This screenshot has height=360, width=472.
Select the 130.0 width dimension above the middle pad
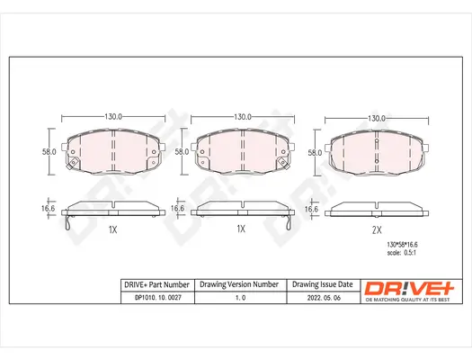pyautogui.click(x=242, y=118)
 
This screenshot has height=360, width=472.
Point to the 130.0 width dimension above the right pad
pyautogui.click(x=377, y=118)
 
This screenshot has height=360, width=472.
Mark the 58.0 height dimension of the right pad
pyautogui.click(x=315, y=153)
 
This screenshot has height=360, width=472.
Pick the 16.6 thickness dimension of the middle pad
pyautogui.click(x=178, y=209)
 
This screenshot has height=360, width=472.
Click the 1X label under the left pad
pyautogui.click(x=112, y=229)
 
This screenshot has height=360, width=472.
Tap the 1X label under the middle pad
pyautogui.click(x=240, y=229)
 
